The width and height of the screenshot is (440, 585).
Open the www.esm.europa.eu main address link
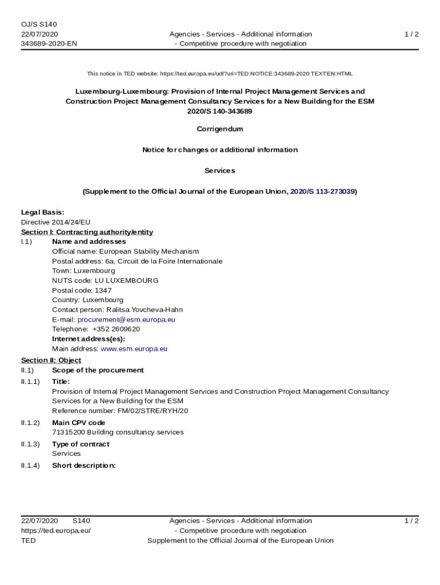point(134,348)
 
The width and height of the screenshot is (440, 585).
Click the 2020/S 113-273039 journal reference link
point(322,192)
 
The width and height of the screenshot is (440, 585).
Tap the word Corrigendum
point(220,129)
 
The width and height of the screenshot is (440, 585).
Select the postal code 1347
point(103,290)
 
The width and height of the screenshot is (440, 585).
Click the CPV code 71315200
point(68,432)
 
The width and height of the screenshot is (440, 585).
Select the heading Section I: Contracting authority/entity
point(87,232)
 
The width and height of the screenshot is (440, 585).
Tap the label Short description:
point(84,466)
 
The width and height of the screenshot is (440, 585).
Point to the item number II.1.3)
point(30,444)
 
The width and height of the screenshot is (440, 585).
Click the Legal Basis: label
point(43,213)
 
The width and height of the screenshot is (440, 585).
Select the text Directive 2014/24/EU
point(56,222)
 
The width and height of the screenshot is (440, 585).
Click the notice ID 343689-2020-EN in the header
point(49,43)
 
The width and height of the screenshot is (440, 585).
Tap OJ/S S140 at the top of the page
point(39,24)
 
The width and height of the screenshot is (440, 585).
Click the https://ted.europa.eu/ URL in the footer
point(56,530)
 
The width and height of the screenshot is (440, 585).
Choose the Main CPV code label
point(78,423)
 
